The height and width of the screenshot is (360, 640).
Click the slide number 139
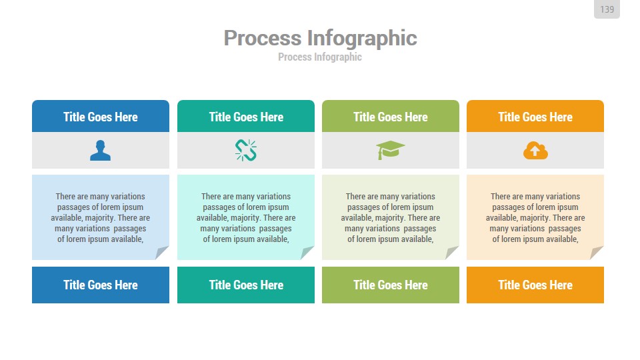[x=607, y=9]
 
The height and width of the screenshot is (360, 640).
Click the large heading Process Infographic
[x=320, y=38]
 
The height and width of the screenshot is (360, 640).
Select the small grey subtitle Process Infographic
[x=319, y=57]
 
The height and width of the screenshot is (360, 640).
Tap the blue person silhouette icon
[x=101, y=150]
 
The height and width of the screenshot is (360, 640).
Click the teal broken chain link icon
[x=246, y=150]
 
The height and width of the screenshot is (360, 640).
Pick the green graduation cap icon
[x=390, y=150]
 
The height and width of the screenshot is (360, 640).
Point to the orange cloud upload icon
[x=535, y=151]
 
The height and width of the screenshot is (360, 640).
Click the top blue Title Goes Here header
[x=101, y=116]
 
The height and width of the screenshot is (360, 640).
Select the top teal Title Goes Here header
[x=246, y=116]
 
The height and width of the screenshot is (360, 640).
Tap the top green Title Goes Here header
[x=391, y=116]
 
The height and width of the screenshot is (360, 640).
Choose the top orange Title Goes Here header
[x=535, y=116]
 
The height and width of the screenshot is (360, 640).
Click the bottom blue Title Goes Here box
[x=101, y=285]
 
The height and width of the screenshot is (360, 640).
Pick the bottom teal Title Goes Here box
[x=246, y=285]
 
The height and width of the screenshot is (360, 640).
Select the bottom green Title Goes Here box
[x=391, y=285]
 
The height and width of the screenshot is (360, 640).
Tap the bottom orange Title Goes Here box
[x=535, y=285]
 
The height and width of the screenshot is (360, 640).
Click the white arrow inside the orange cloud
[x=535, y=151]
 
